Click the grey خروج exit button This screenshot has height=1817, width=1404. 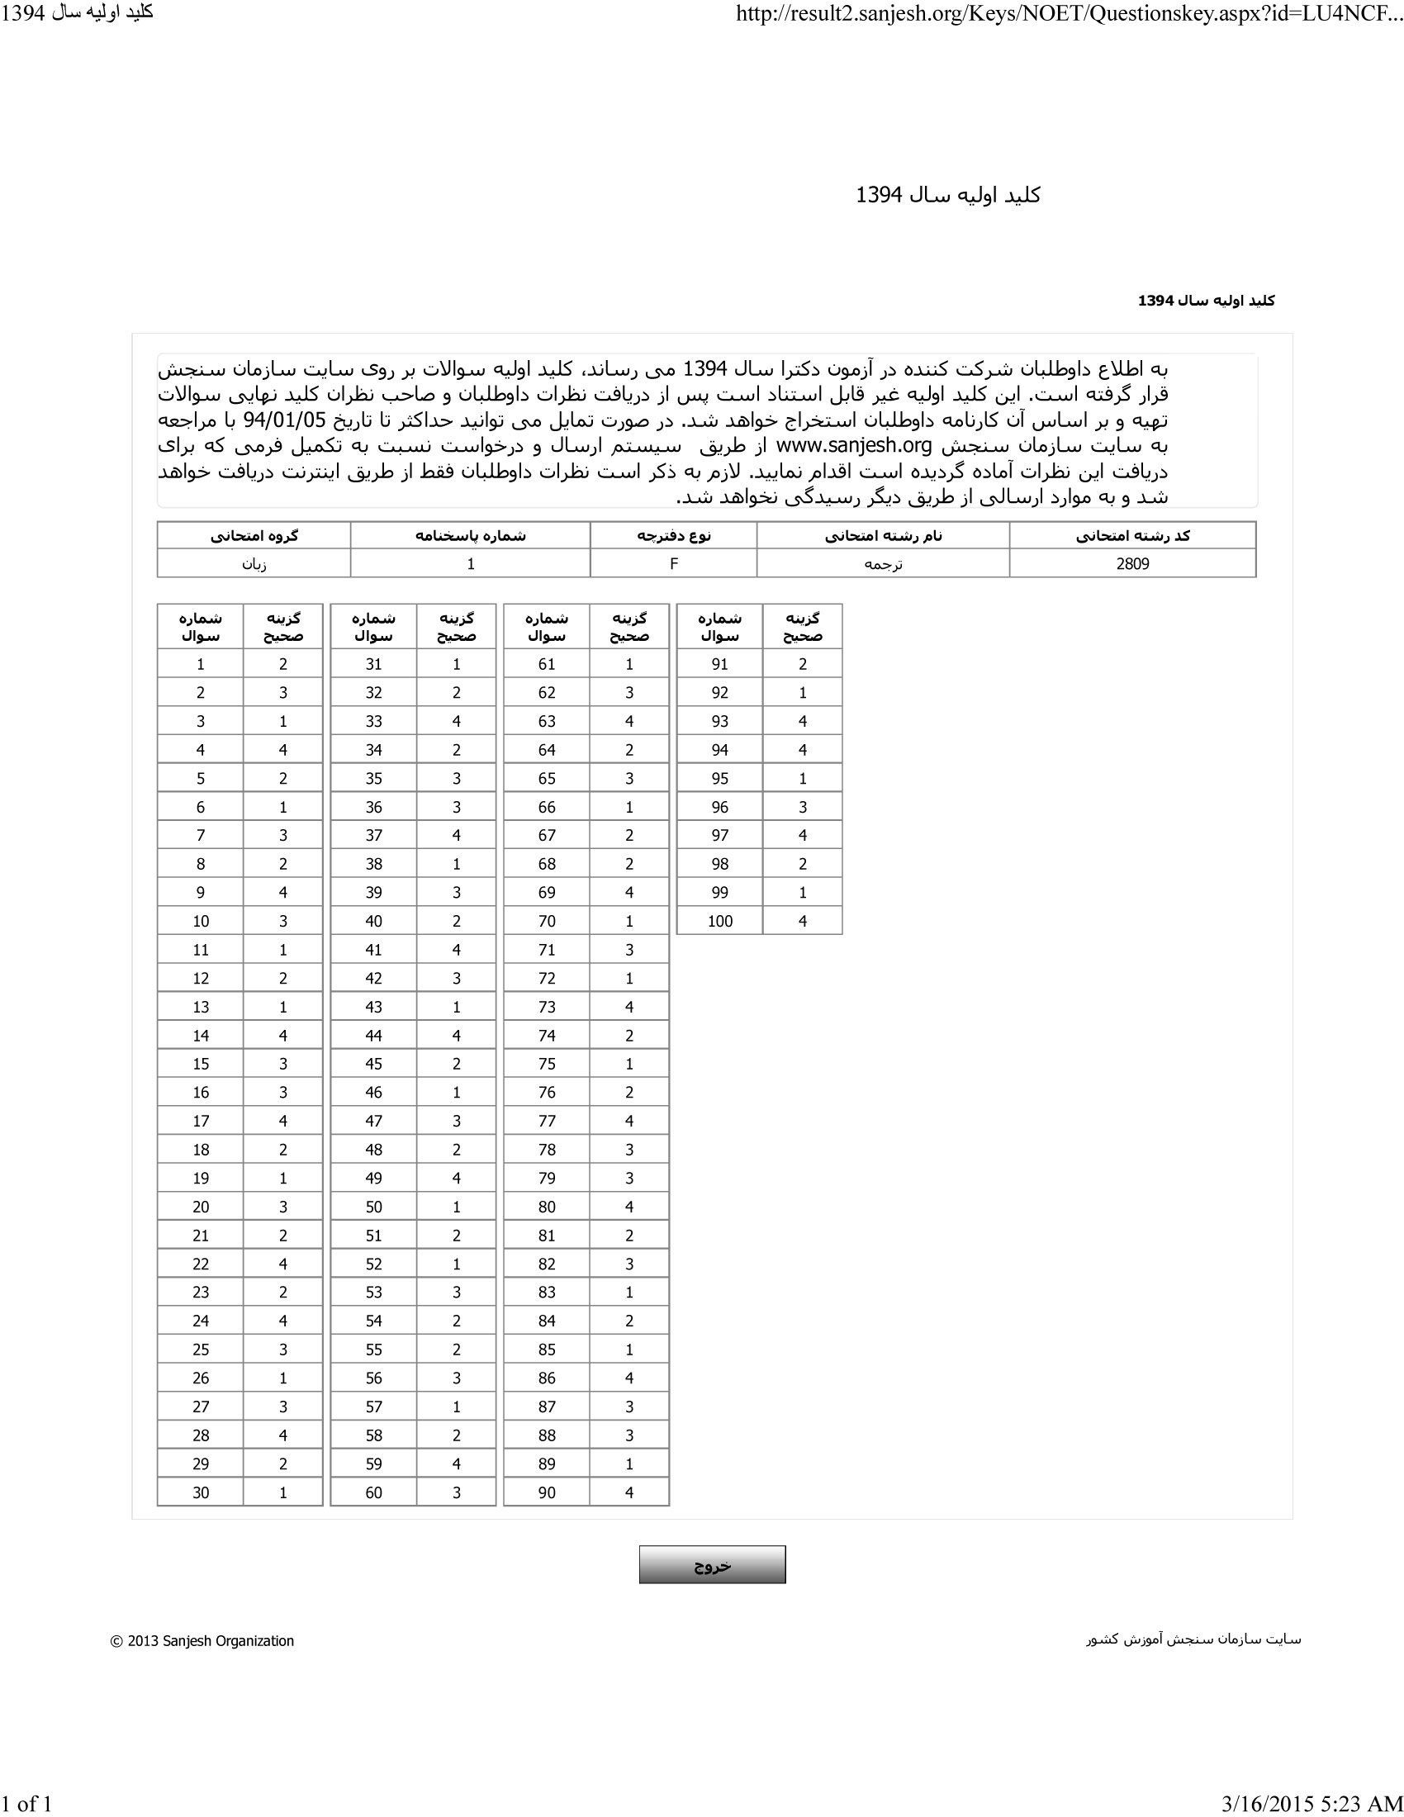coord(712,1565)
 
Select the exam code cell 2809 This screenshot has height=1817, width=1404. coord(1132,564)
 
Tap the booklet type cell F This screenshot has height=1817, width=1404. coord(674,564)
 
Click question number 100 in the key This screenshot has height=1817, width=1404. coord(719,921)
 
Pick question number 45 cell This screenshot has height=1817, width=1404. coord(373,1064)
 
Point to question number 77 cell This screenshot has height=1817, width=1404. coord(547,1121)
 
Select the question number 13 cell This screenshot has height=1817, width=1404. coord(201,1007)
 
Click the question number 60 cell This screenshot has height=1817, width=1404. coord(373,1492)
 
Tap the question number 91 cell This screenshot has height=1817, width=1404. coord(719,664)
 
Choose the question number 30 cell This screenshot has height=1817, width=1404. coord(201,1492)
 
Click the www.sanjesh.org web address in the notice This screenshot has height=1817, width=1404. coord(853,446)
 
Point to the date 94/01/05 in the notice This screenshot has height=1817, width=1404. coord(284,420)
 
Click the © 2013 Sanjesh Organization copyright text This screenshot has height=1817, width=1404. coord(202,1640)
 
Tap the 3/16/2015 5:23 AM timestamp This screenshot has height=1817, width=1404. coord(1312,1804)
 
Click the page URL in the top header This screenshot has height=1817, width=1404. coord(1069,14)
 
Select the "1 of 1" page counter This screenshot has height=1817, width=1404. coord(26,1804)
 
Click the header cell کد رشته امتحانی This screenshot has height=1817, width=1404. coord(1132,536)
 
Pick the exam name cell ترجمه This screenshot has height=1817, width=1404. coord(883,564)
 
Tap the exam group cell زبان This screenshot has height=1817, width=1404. coord(254,564)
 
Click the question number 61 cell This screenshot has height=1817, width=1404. coord(547,664)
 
